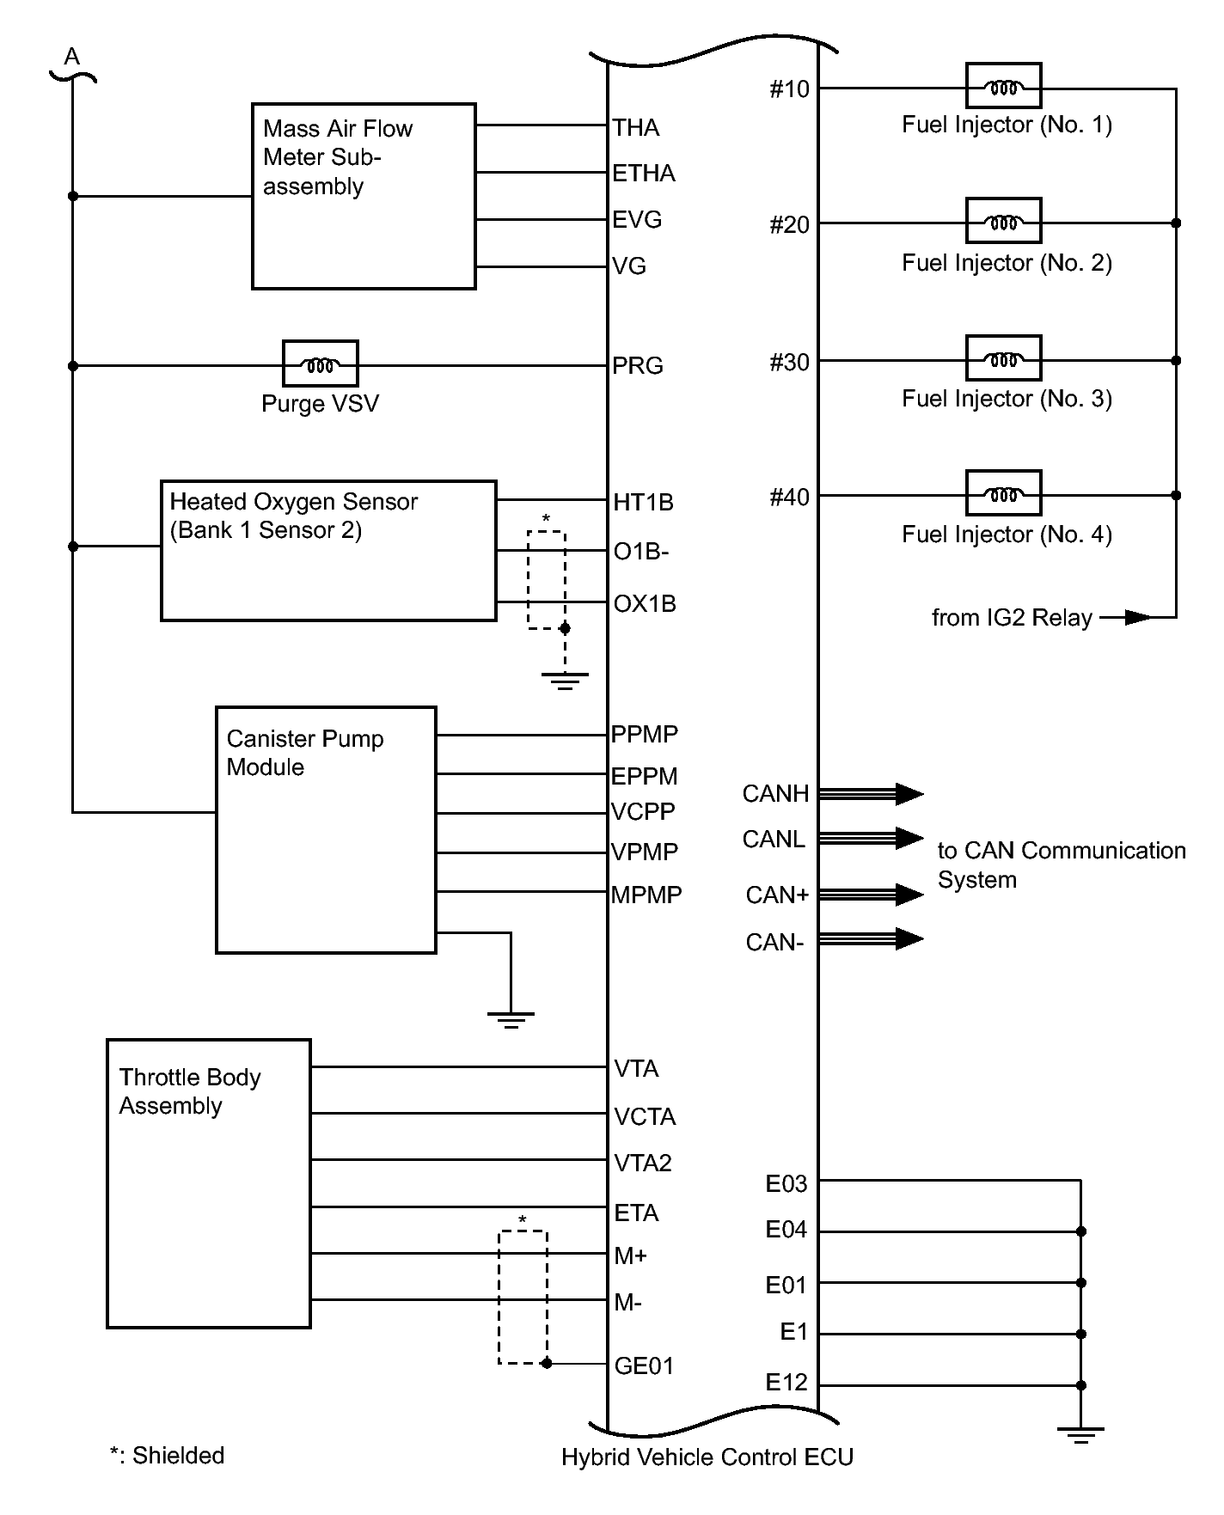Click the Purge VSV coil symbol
[320, 364]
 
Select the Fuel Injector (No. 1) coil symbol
[1003, 87]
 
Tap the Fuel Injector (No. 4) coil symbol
[1003, 494]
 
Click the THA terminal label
[636, 128]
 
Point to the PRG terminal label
[638, 366]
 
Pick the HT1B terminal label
[643, 503]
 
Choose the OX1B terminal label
[645, 604]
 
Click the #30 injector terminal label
[789, 363]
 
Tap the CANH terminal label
[775, 794]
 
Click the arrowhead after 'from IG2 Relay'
[1136, 617]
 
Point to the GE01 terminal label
[644, 1365]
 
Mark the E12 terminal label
[786, 1383]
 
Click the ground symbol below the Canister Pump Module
[511, 1020]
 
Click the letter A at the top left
[72, 58]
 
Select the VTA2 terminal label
[643, 1164]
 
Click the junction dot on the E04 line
[1081, 1231]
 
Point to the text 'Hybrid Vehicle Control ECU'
[707, 1457]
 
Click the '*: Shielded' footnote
[167, 1455]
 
